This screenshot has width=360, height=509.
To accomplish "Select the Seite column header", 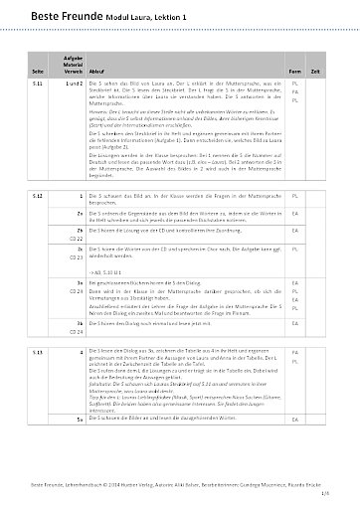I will tap(38, 73).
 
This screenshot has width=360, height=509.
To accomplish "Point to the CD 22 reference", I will tap(75, 241).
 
